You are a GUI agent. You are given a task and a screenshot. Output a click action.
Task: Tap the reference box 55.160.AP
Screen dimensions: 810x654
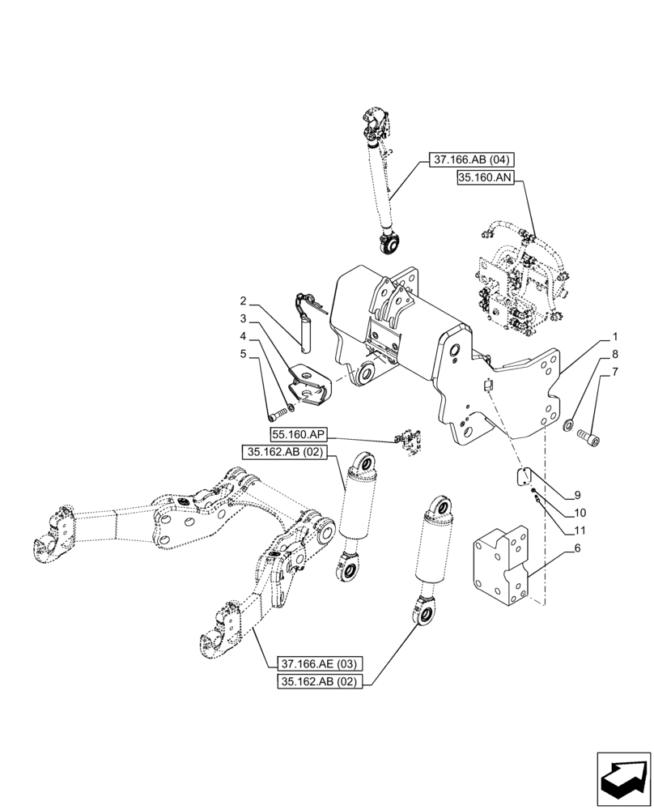[293, 434]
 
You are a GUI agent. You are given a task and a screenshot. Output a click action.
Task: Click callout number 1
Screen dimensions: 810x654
[616, 335]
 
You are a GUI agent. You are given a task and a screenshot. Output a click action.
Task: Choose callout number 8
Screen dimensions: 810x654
[616, 353]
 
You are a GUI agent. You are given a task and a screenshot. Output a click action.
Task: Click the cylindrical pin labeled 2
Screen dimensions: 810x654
[305, 335]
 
